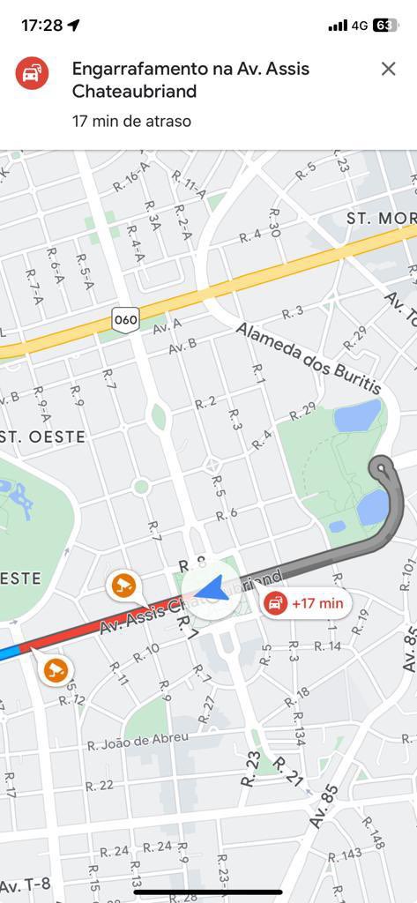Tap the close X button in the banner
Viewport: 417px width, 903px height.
(x=388, y=69)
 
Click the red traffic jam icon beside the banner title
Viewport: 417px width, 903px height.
(x=32, y=73)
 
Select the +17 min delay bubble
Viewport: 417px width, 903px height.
(x=307, y=603)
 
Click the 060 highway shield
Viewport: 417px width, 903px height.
(x=126, y=319)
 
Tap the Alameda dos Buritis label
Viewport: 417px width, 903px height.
(x=308, y=358)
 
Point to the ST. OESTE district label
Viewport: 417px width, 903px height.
(x=43, y=437)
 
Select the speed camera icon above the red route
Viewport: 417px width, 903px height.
(x=123, y=584)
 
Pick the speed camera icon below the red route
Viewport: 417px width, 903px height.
(x=56, y=669)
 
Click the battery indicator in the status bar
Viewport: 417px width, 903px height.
(x=385, y=26)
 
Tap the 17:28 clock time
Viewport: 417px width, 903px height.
(x=41, y=26)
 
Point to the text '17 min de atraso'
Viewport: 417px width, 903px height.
(x=131, y=121)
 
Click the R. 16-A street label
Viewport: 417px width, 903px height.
(x=132, y=181)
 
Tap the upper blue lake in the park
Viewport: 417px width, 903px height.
(x=358, y=415)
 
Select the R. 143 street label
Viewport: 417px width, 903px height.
(x=345, y=854)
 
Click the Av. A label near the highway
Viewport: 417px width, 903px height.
(x=167, y=326)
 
